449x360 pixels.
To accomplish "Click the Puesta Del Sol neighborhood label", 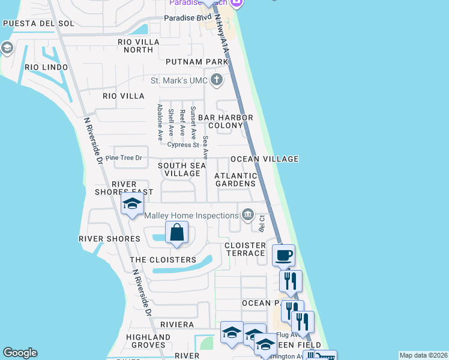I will click(38, 23).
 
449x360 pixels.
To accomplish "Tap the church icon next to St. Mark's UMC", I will click(216, 80).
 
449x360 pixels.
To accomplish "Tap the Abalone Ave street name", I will click(160, 122).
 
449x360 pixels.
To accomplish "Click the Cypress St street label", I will click(183, 145).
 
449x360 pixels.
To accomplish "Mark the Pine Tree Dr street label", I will click(123, 158).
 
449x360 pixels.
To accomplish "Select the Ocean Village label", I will click(265, 159).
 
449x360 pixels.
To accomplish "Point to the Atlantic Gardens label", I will click(236, 180).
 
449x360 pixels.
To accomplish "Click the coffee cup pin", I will click(284, 255).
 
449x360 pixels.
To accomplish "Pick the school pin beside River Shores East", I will click(132, 204).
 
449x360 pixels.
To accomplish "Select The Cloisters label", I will click(163, 260).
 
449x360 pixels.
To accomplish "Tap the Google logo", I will click(20, 353).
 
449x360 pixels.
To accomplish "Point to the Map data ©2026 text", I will click(423, 355).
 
